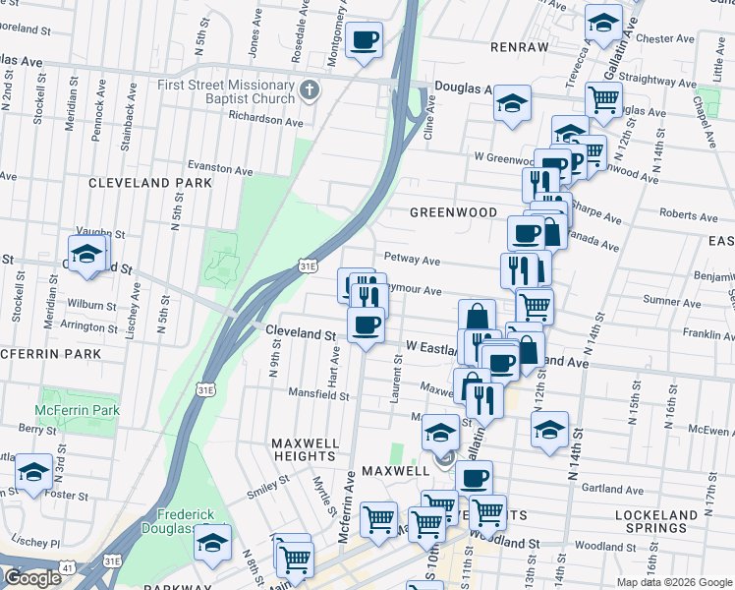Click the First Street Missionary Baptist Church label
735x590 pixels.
pyautogui.click(x=226, y=91)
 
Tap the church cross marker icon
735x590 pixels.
pyautogui.click(x=311, y=91)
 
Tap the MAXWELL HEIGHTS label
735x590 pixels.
pyautogui.click(x=305, y=449)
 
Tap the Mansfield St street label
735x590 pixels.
pyautogui.click(x=317, y=395)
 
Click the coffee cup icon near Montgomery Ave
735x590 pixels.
pyautogui.click(x=365, y=40)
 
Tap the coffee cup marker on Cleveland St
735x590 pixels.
pyautogui.click(x=366, y=324)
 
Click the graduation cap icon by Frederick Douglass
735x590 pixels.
pyautogui.click(x=213, y=542)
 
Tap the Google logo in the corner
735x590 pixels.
pyautogui.click(x=32, y=578)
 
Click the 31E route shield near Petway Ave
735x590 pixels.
pyautogui.click(x=308, y=265)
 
